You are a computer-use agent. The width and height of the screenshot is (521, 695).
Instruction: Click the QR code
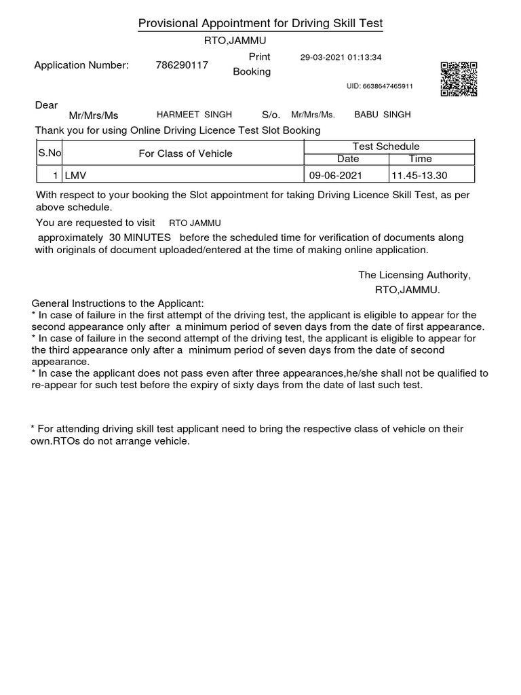coord(459,79)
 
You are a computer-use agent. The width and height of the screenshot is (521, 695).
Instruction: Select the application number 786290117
coord(182,65)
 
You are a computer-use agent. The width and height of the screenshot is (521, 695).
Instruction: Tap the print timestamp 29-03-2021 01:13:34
coord(341,58)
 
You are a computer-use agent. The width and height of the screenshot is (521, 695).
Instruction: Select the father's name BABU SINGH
coord(383,115)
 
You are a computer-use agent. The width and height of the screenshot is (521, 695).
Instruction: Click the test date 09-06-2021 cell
coord(336,175)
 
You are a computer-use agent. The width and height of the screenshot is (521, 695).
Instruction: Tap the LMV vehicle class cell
coord(183,175)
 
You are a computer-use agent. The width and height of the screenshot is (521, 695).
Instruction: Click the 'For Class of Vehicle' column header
coord(185,153)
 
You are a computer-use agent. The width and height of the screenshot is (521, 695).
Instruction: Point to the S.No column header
coord(50,153)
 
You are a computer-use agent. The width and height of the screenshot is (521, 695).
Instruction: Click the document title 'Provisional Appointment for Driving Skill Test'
coord(260,24)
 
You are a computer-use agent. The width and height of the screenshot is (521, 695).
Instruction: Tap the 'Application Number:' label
coord(81,65)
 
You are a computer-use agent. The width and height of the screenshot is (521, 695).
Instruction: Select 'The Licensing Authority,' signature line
coord(414,275)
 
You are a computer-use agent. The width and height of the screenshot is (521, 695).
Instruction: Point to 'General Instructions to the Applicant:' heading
coord(117,303)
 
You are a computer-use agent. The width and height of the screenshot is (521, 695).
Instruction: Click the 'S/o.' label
coord(271,115)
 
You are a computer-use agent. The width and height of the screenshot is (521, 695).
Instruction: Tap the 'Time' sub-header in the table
coord(420,159)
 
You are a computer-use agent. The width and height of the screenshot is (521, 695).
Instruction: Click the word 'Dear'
coord(46,105)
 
